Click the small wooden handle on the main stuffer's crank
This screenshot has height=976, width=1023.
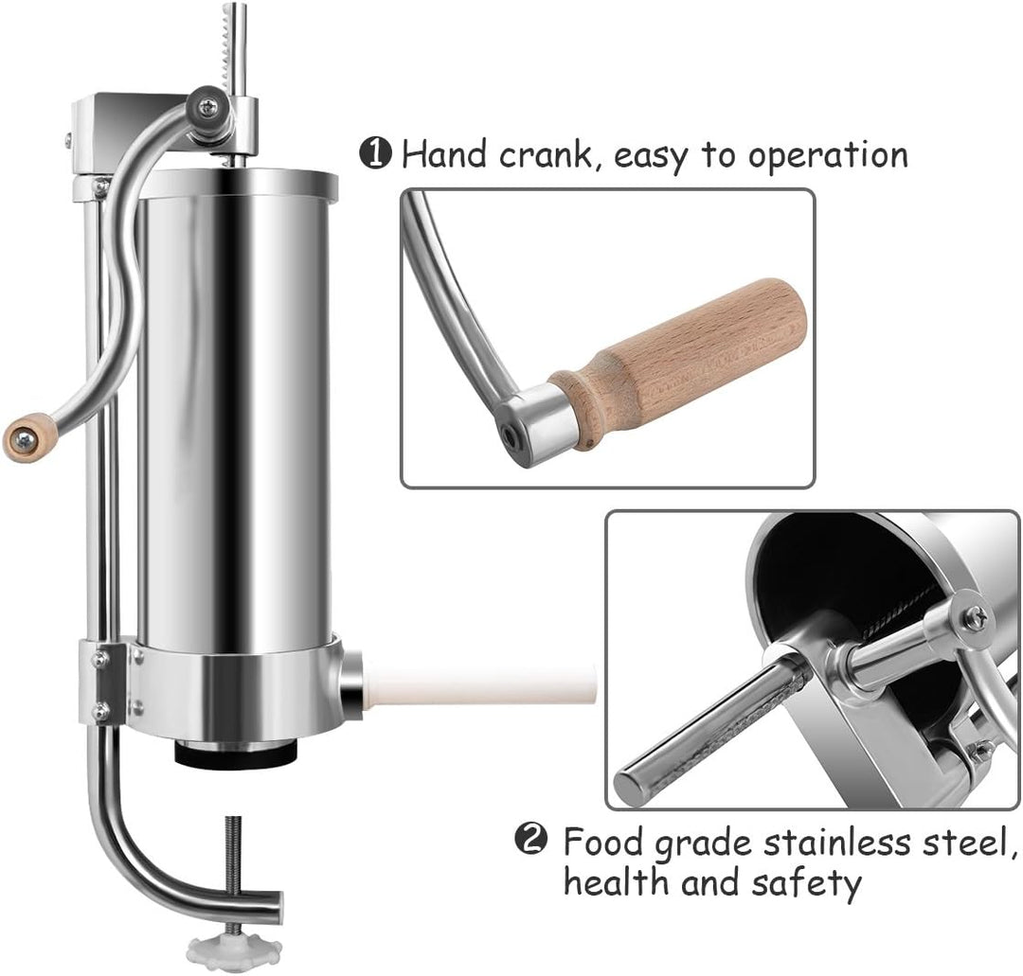[x=28, y=438]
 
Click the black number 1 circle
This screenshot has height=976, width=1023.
[x=376, y=154]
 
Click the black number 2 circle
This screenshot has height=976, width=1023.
[x=531, y=839]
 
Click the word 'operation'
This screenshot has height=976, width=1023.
[x=828, y=156]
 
